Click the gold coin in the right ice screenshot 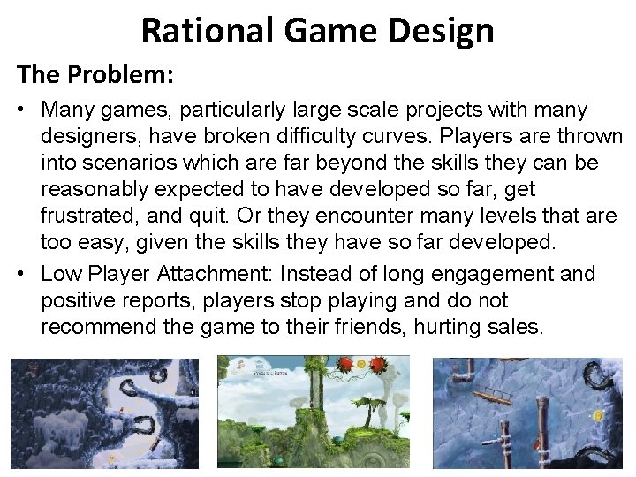coord(598,415)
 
